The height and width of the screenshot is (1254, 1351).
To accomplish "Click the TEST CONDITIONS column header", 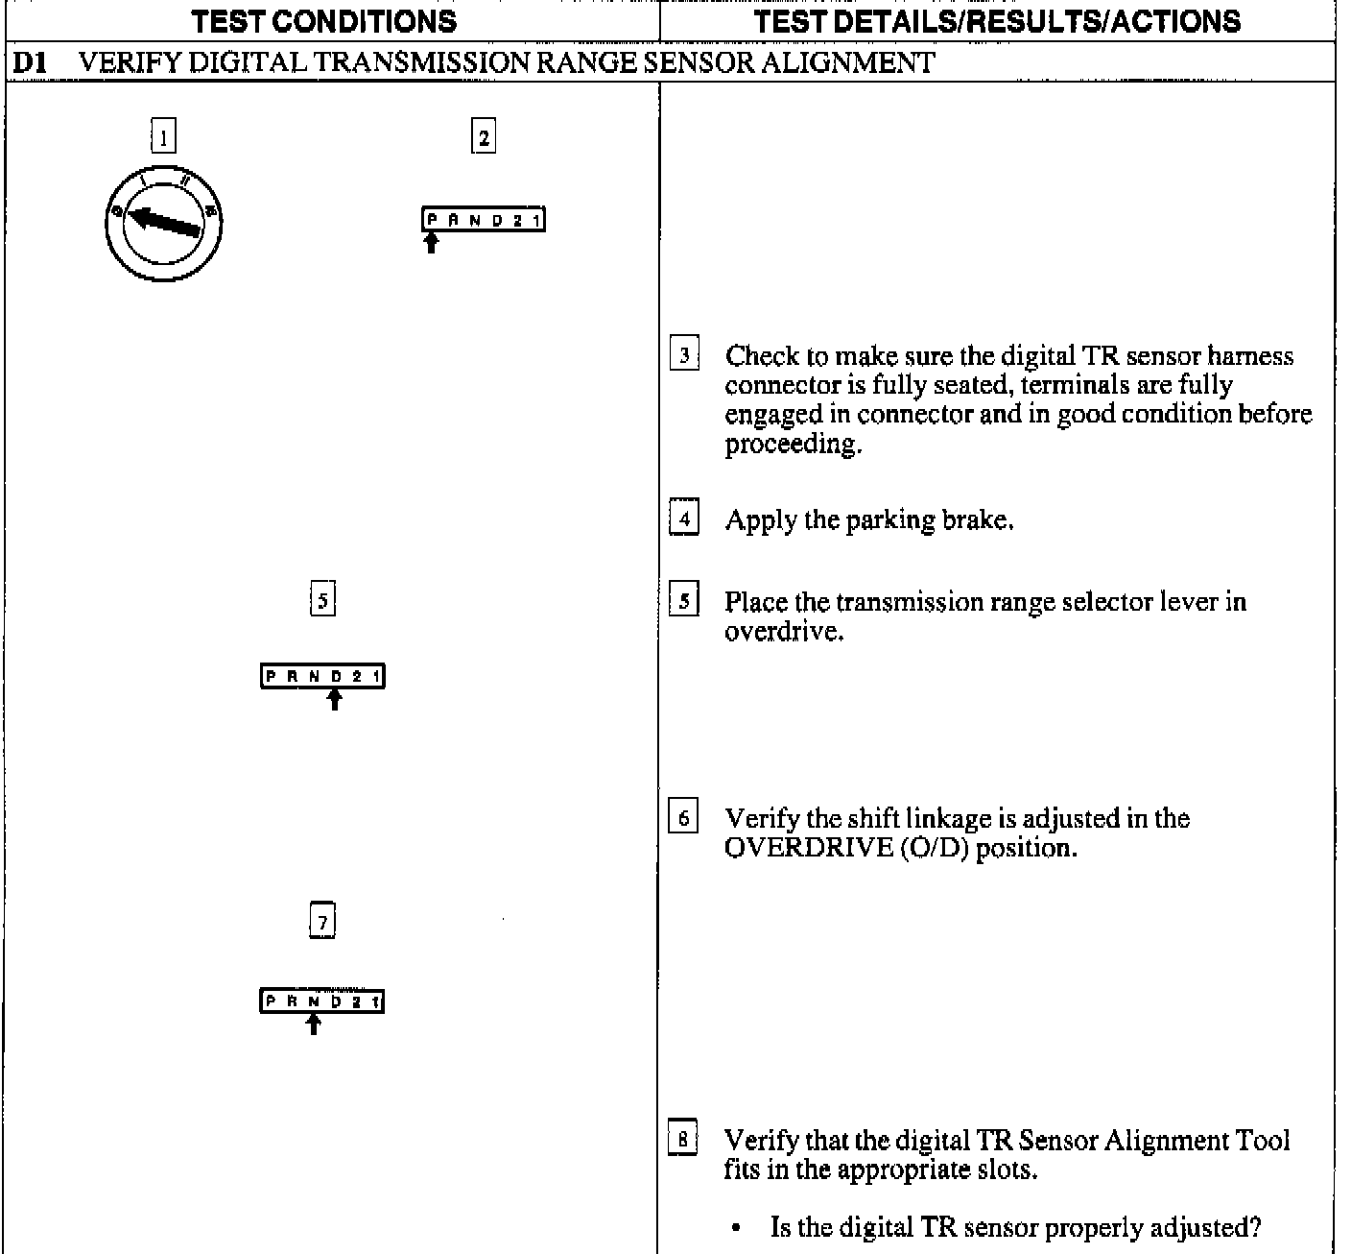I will pyautogui.click(x=324, y=21).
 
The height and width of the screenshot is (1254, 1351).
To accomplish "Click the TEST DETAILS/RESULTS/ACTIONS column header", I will pyautogui.click(x=997, y=21).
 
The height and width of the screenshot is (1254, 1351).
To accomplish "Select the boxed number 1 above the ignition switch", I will pyautogui.click(x=163, y=137).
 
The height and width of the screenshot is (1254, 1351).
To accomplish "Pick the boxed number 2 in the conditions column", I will pyautogui.click(x=483, y=137).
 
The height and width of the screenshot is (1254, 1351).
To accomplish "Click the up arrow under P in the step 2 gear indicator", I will pyautogui.click(x=432, y=242).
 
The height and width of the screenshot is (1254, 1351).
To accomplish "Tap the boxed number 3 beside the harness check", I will pyautogui.click(x=683, y=355).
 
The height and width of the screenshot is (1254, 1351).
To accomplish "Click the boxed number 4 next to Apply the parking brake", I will pyautogui.click(x=683, y=519).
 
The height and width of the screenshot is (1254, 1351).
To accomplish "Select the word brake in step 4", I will pyautogui.click(x=976, y=520).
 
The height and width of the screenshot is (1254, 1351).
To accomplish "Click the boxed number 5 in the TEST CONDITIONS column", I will pyautogui.click(x=322, y=601).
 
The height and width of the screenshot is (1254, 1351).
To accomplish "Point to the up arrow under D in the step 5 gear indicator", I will pyautogui.click(x=334, y=699).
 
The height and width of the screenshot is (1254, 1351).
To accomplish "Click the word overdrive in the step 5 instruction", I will pyautogui.click(x=783, y=632).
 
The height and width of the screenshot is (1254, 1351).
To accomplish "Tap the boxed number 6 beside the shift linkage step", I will pyautogui.click(x=683, y=818).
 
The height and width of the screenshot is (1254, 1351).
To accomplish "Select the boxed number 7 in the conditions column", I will pyautogui.click(x=322, y=923).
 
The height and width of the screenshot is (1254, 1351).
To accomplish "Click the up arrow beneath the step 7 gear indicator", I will pyautogui.click(x=313, y=1024).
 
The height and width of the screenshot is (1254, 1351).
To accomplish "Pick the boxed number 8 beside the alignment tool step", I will pyautogui.click(x=683, y=1141).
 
